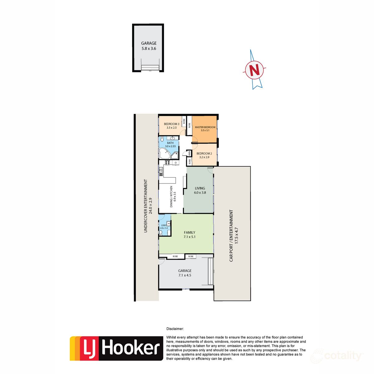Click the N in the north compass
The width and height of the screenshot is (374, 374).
[x=255, y=70]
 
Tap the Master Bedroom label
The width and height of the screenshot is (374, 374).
[x=205, y=127]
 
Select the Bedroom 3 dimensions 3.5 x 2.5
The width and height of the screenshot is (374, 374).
[x=171, y=128]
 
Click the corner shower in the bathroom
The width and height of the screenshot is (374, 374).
[x=175, y=154]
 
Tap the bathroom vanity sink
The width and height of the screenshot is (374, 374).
[x=172, y=138]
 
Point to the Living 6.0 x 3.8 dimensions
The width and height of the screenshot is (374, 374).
[x=200, y=193]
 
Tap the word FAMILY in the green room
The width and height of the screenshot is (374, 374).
[x=189, y=233]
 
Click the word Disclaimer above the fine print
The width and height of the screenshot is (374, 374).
[x=175, y=329]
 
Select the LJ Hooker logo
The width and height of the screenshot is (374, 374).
[x=116, y=348]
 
